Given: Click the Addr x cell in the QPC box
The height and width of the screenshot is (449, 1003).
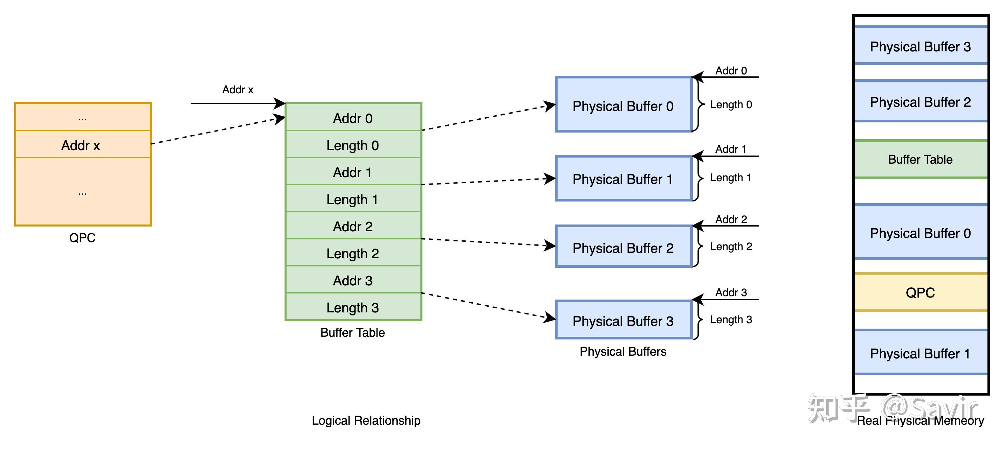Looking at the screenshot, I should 82,145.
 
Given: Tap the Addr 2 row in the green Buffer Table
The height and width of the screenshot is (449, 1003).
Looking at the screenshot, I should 353,226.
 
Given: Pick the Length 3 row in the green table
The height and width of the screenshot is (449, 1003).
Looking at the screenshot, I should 353,307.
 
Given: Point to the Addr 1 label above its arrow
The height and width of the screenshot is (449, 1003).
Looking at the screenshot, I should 731,149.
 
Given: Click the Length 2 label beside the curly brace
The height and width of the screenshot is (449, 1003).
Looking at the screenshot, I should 731,246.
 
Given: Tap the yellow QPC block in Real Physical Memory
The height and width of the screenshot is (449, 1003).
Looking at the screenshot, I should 921,292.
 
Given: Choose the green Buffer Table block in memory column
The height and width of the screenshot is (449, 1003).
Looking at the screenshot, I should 921,159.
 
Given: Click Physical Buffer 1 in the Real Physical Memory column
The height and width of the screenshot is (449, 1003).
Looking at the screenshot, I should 921,353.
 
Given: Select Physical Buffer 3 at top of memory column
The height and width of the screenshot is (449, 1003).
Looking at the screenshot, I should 921,46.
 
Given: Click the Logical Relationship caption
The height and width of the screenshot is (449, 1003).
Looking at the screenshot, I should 366,420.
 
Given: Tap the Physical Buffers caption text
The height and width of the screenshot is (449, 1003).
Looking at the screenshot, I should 623,351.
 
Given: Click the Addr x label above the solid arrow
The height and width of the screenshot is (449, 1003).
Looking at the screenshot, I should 238,90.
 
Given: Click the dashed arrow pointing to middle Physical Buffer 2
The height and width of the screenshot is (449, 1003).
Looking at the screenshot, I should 487,242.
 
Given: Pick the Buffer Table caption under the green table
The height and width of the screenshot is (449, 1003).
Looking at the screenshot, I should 352,332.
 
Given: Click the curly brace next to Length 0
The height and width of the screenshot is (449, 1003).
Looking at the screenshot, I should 699,104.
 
